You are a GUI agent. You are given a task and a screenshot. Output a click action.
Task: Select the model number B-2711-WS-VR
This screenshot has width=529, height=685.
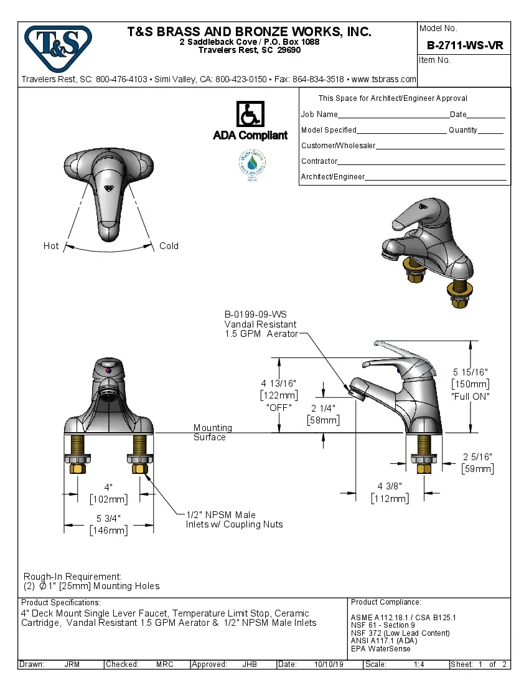(464, 45)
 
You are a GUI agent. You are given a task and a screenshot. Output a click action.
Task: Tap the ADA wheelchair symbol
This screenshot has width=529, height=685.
(250, 115)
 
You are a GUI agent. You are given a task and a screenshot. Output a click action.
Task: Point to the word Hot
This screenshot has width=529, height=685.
(51, 246)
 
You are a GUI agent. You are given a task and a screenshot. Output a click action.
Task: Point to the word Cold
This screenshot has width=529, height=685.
(169, 246)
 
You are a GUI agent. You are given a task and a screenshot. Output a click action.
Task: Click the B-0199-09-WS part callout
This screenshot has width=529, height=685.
(255, 315)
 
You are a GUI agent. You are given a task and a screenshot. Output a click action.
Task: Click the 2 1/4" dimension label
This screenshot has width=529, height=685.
(323, 409)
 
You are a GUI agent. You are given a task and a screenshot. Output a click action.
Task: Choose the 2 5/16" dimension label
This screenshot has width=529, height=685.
(477, 458)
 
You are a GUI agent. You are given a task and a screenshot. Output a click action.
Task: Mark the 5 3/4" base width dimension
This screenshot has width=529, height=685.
(108, 519)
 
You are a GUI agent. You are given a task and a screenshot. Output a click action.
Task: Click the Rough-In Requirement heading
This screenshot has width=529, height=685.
(72, 577)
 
